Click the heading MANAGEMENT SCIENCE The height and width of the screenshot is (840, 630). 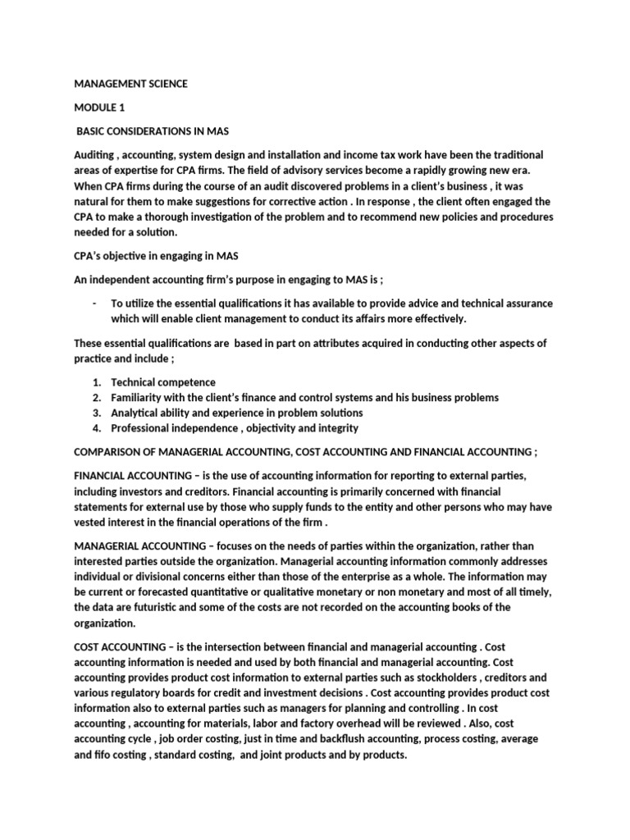pyautogui.click(x=130, y=84)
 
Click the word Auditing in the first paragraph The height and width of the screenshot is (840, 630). pyautogui.click(x=96, y=155)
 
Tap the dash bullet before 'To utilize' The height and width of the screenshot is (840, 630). pyautogui.click(x=96, y=304)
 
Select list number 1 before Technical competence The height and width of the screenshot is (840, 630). pyautogui.click(x=97, y=382)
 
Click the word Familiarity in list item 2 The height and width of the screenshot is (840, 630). pyautogui.click(x=140, y=398)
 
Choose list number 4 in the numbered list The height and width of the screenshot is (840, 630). pyautogui.click(x=97, y=428)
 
